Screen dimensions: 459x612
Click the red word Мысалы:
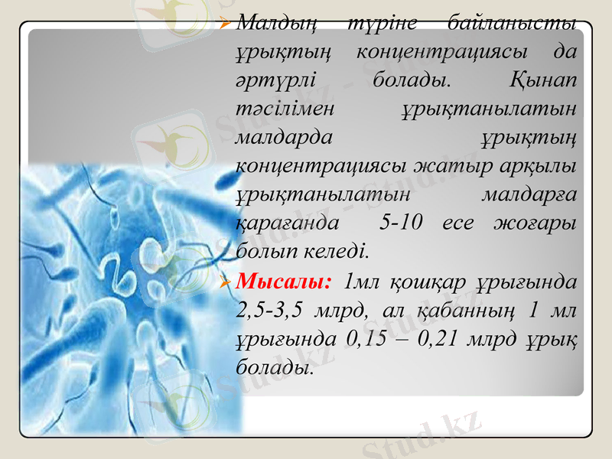(x=284, y=282)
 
